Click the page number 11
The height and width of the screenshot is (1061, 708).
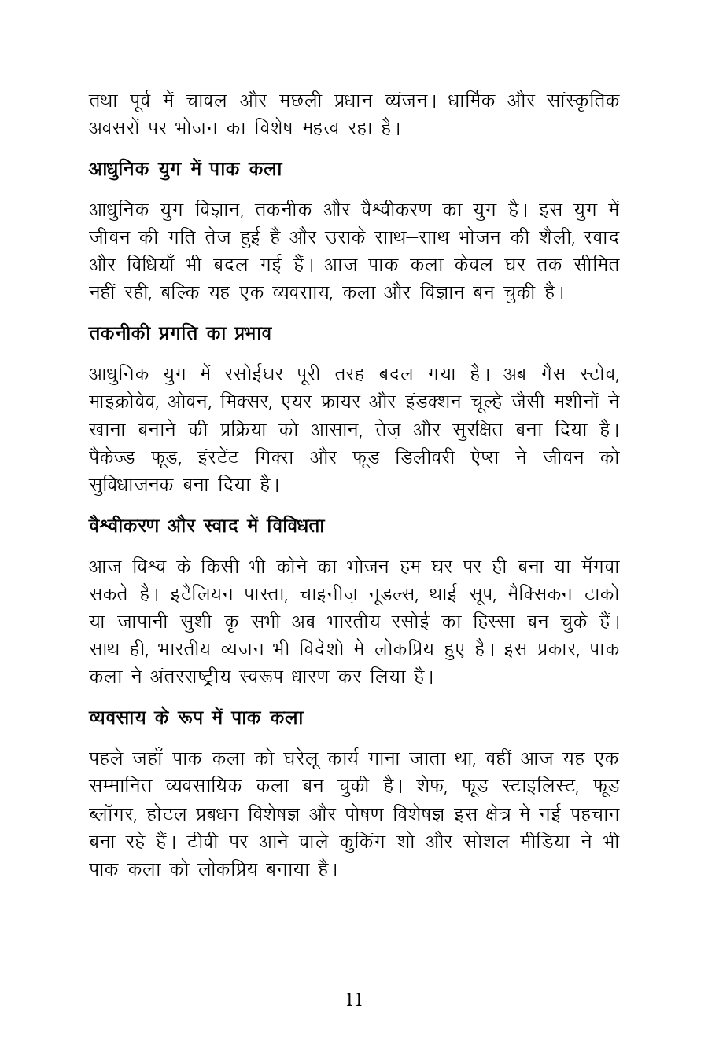click(x=354, y=1000)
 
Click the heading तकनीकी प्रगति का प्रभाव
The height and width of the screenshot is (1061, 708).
click(x=179, y=333)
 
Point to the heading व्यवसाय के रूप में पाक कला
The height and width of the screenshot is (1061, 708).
click(x=196, y=717)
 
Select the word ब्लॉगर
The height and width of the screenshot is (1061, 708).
click(x=112, y=814)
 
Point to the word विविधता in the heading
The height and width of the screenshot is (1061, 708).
click(x=295, y=525)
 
